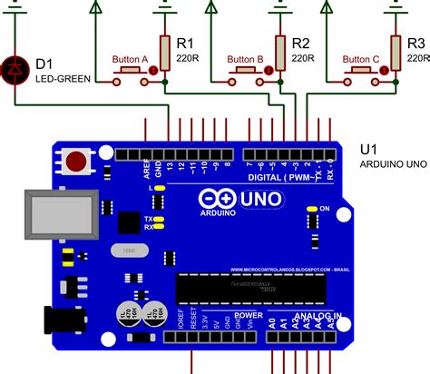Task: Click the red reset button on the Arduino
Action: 76,162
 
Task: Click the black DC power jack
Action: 63,319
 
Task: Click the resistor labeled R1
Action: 164,52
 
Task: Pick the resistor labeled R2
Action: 279,52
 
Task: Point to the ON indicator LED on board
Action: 311,209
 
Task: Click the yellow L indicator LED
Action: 159,187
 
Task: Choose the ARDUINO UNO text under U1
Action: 392,164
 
